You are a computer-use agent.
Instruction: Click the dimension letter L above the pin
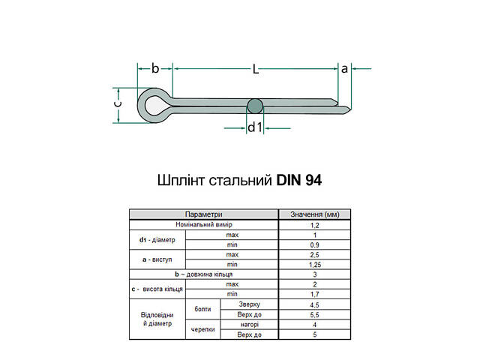255,70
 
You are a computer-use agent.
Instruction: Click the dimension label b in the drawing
155,68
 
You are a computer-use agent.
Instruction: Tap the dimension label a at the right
345,68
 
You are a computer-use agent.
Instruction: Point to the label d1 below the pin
255,127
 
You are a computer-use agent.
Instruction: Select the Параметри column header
204,214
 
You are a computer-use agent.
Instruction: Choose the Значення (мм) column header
315,214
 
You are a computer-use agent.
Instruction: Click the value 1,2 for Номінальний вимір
315,224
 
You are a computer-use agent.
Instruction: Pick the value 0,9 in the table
315,244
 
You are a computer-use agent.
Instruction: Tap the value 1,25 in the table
315,265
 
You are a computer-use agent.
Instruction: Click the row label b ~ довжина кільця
204,274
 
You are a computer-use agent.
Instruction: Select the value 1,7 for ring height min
315,295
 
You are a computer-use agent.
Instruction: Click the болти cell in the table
202,309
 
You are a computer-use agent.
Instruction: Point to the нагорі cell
250,325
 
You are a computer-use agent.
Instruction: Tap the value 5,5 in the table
315,314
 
